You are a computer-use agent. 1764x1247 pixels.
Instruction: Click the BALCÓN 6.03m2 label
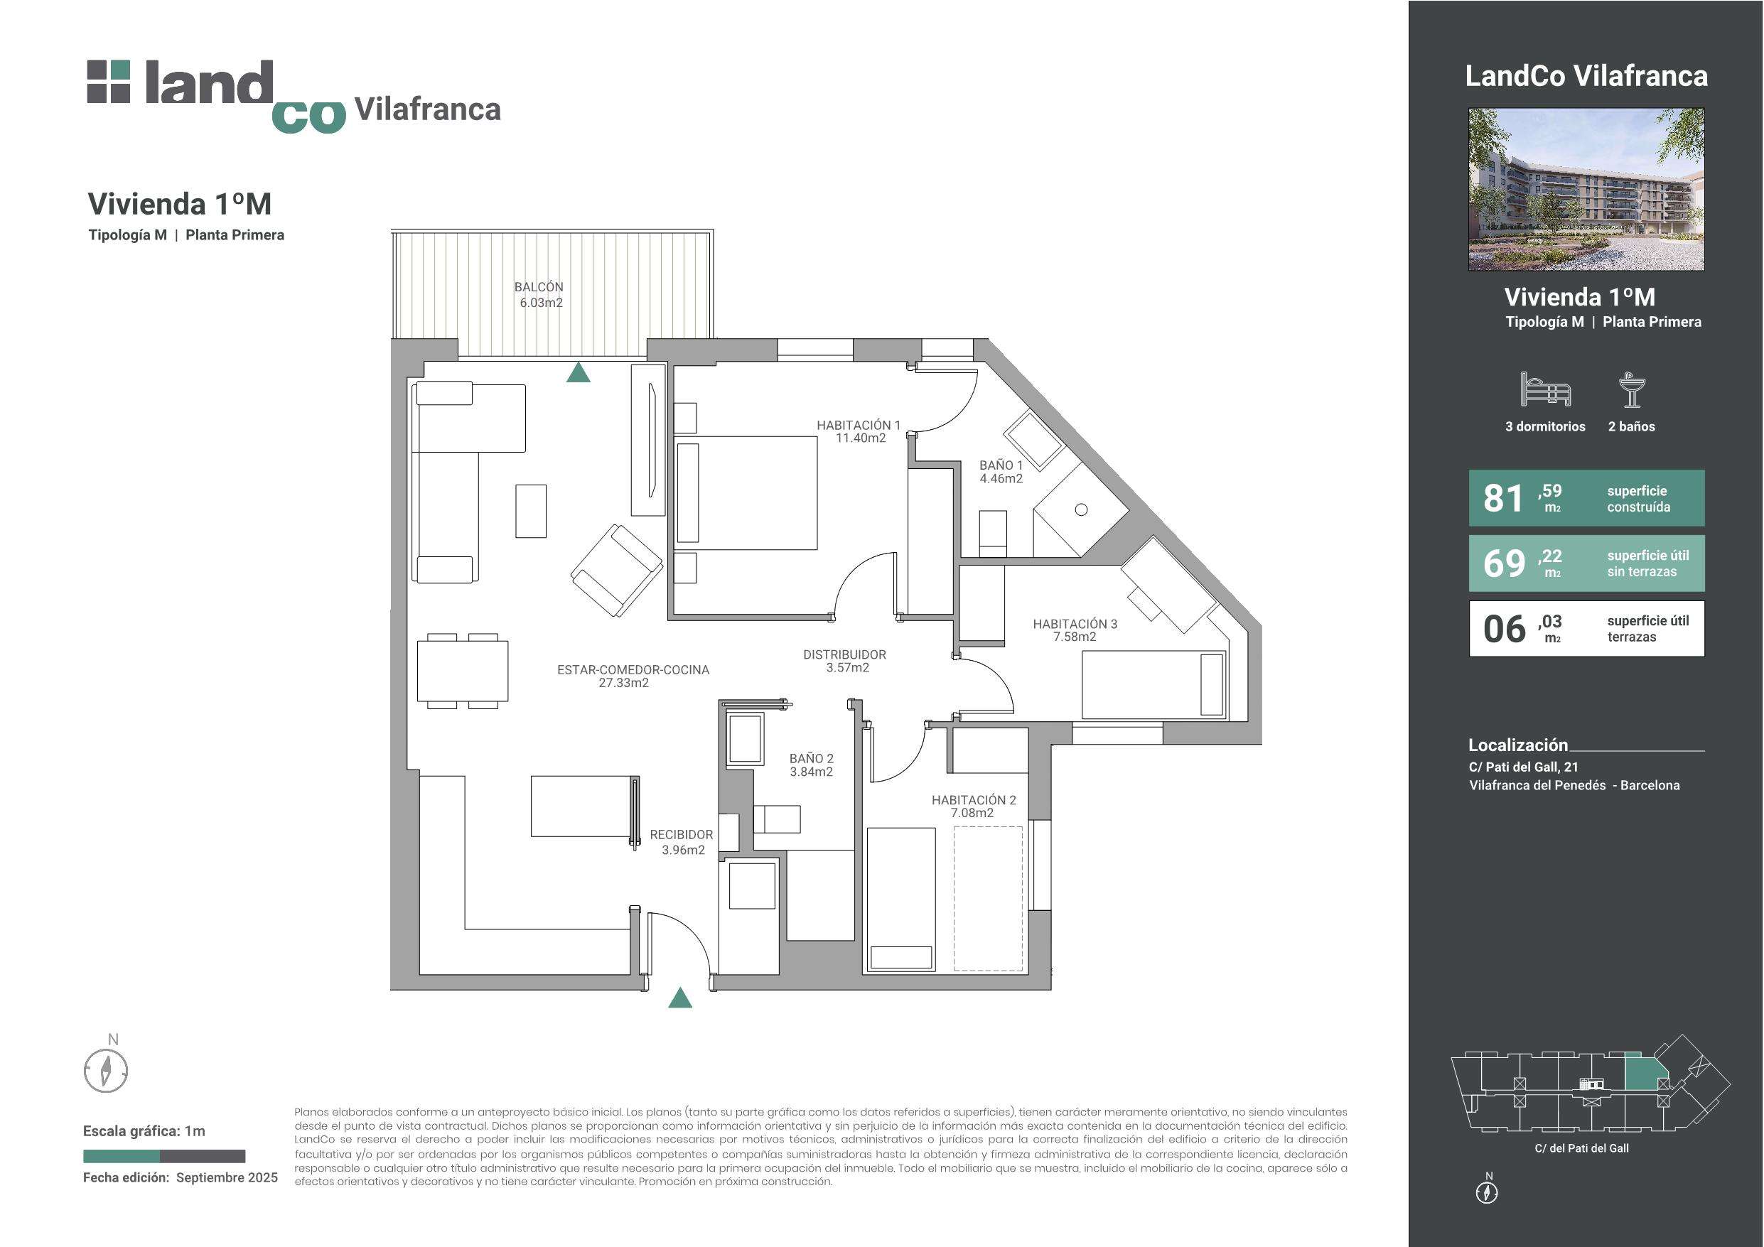539,295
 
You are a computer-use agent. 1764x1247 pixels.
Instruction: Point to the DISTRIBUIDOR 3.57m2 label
845,661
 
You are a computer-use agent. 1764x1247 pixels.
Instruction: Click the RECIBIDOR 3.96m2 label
682,842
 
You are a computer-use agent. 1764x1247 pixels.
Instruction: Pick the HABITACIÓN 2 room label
974,806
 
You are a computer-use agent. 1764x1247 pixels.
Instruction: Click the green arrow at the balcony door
579,372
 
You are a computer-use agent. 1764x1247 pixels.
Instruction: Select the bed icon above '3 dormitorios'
1545,389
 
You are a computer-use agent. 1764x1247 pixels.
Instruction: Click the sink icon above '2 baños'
1631,389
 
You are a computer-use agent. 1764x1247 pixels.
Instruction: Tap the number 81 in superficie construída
1502,499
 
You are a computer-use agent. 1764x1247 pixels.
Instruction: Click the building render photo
1586,189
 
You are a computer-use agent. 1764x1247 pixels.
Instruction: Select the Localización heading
1518,745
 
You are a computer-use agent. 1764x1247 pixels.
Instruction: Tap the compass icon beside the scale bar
105,1070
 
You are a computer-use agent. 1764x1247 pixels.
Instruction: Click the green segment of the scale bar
122,1156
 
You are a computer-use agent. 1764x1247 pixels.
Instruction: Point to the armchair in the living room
617,570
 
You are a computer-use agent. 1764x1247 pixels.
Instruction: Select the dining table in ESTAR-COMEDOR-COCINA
463,671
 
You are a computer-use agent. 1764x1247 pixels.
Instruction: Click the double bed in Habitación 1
746,493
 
